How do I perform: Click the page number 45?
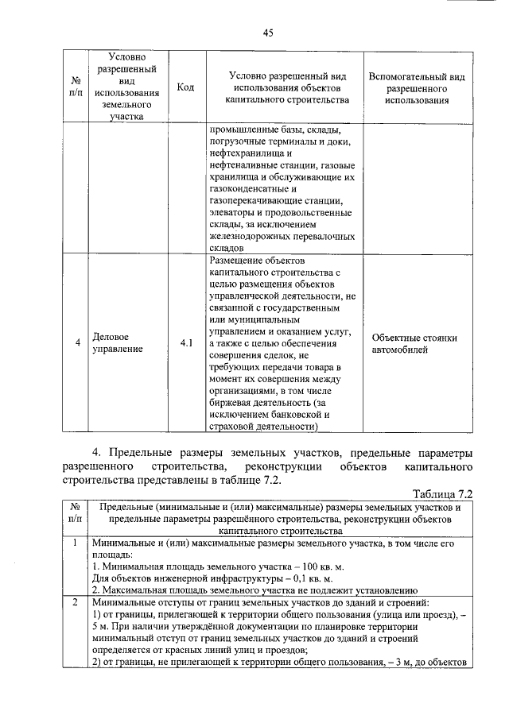click(268, 33)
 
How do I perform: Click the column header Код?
click(185, 87)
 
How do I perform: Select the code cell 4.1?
click(185, 342)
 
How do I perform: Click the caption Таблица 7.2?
click(444, 493)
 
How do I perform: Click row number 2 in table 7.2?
click(73, 603)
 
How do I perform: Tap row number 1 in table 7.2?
click(73, 543)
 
